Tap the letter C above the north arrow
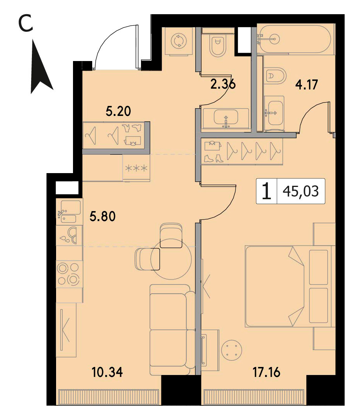coord(26,23)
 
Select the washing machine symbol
coord(178,41)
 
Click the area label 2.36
coord(223,84)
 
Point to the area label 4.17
coord(306,85)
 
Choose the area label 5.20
coord(118,111)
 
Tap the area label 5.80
coord(103,216)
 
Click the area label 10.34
coord(107,372)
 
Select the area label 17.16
coord(266,372)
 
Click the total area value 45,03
coord(301,191)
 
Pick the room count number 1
coord(266,192)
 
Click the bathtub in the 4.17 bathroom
coord(295,39)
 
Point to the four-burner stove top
coord(69,274)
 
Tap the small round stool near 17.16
coord(232,350)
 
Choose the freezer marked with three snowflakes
coord(136,168)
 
